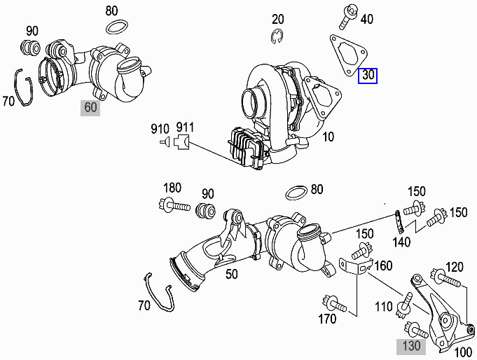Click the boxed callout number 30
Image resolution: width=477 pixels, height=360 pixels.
coord(368,75)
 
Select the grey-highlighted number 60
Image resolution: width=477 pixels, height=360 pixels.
coord(90,107)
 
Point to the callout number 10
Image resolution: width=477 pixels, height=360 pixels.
coord(328,137)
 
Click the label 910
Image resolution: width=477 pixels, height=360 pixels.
coord(160,128)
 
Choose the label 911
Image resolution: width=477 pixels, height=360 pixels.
coord(185,128)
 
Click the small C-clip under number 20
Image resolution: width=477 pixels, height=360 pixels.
coord(278,35)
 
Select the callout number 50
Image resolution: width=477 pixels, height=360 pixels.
coord(233,274)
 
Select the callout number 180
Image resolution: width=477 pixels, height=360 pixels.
coord(172,188)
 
